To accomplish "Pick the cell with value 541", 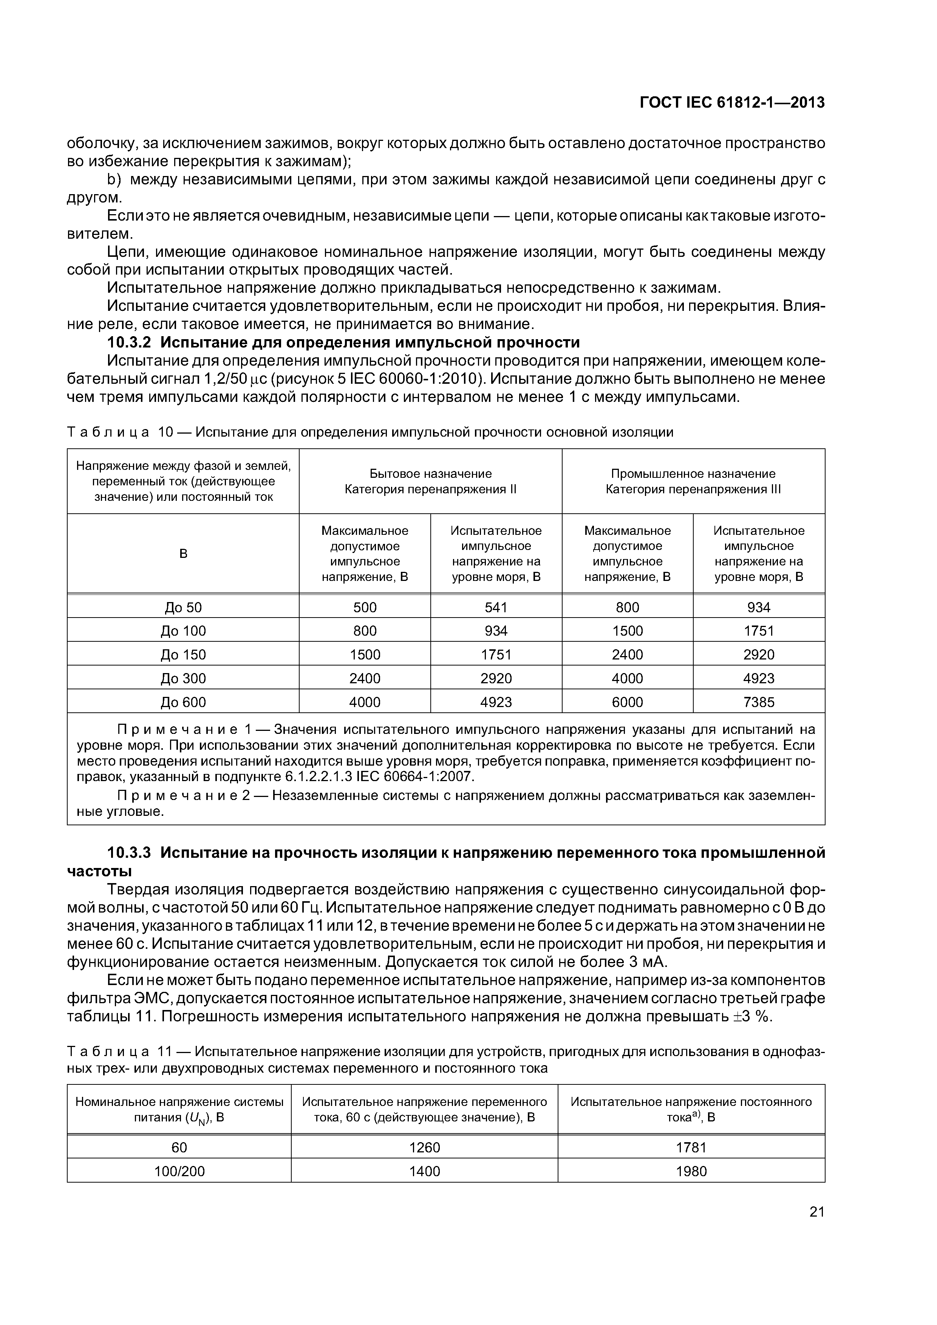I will pos(496,607).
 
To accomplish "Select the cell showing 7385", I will pos(759,702).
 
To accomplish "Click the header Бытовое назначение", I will pos(430,474).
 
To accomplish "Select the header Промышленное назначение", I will pos(693,474).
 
